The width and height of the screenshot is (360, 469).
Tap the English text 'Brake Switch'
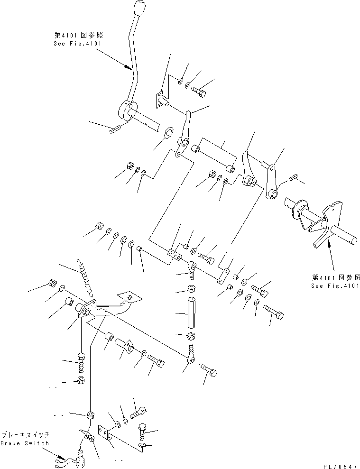(25, 443)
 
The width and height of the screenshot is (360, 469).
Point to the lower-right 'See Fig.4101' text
(335, 286)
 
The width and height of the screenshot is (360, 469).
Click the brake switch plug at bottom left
(76, 459)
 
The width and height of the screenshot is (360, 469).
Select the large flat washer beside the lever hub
(168, 133)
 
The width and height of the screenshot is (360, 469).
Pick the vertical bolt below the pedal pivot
(81, 363)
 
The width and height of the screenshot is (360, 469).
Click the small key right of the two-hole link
(293, 177)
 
